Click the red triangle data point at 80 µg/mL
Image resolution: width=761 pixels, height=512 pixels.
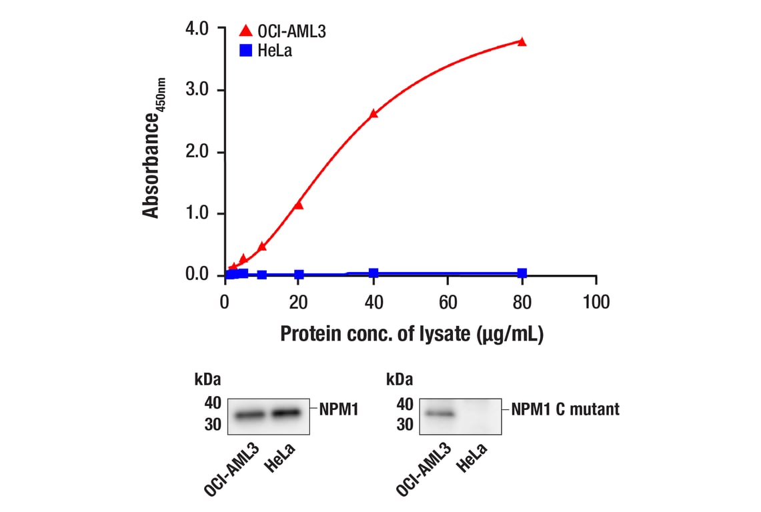(522, 42)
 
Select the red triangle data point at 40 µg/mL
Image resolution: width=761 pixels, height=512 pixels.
(373, 114)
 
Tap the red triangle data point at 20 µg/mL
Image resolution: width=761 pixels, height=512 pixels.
(299, 205)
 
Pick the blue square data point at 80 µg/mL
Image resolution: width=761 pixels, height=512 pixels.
(522, 273)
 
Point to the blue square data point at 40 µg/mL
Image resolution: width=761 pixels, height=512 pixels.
(373, 273)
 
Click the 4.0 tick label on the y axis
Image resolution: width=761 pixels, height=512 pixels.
(197, 29)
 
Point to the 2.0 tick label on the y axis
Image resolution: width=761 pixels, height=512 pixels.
(197, 152)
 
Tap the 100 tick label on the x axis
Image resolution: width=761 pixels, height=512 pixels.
(596, 303)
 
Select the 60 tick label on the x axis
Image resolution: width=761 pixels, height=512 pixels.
(448, 303)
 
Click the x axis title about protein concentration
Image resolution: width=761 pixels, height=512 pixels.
(412, 334)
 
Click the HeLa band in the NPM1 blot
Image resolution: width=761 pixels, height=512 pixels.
(287, 413)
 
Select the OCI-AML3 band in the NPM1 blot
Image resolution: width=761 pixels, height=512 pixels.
(250, 415)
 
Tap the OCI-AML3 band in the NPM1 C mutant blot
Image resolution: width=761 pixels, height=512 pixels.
(439, 414)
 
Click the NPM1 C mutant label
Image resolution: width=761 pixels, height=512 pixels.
(565, 409)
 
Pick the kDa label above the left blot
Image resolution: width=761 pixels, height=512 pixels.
(207, 379)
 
